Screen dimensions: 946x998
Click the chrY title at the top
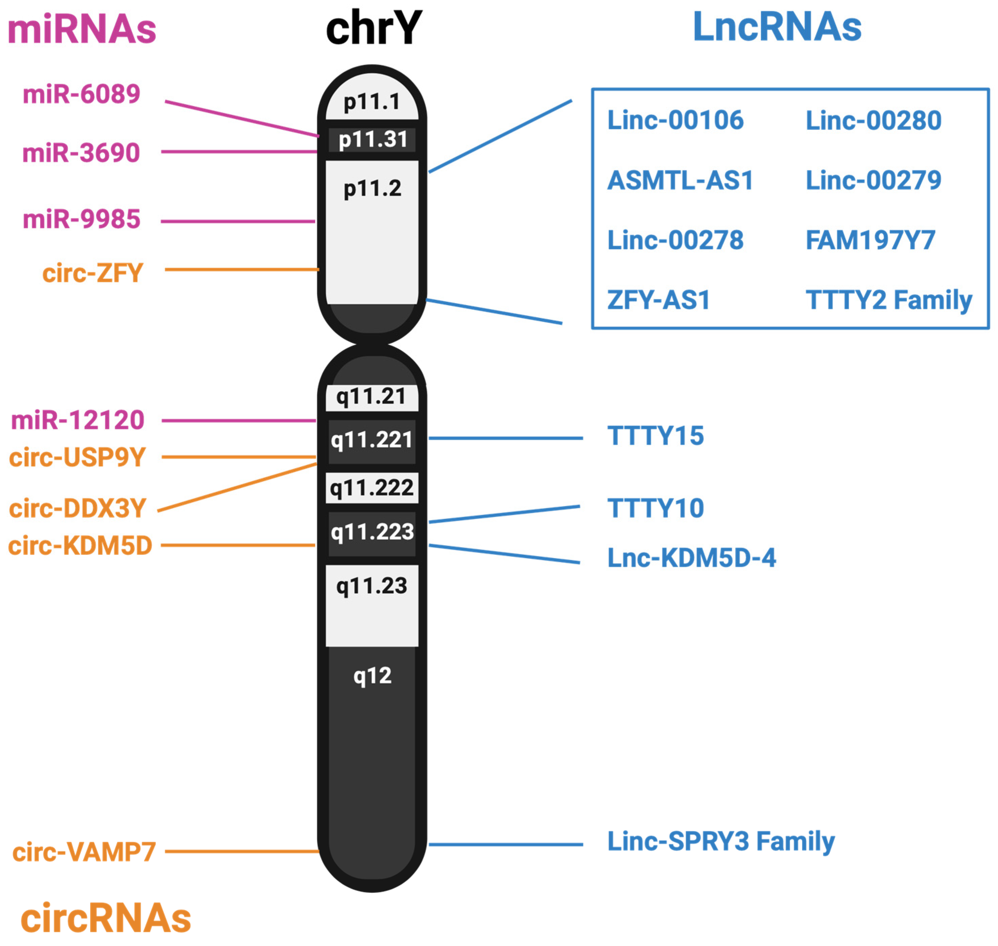coord(373,28)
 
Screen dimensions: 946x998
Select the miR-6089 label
coord(81,94)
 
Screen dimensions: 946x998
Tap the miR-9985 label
coord(81,220)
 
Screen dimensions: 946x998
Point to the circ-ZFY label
coord(92,274)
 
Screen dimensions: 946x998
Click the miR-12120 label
coord(78,421)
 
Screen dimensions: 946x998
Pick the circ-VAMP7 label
coord(84,852)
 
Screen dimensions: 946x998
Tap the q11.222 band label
coord(372,488)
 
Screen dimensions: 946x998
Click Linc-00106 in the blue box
coord(675,120)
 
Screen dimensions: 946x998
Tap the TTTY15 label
coord(655,436)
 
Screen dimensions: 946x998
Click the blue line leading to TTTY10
coord(504,514)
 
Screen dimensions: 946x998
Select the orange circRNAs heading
coord(106,918)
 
